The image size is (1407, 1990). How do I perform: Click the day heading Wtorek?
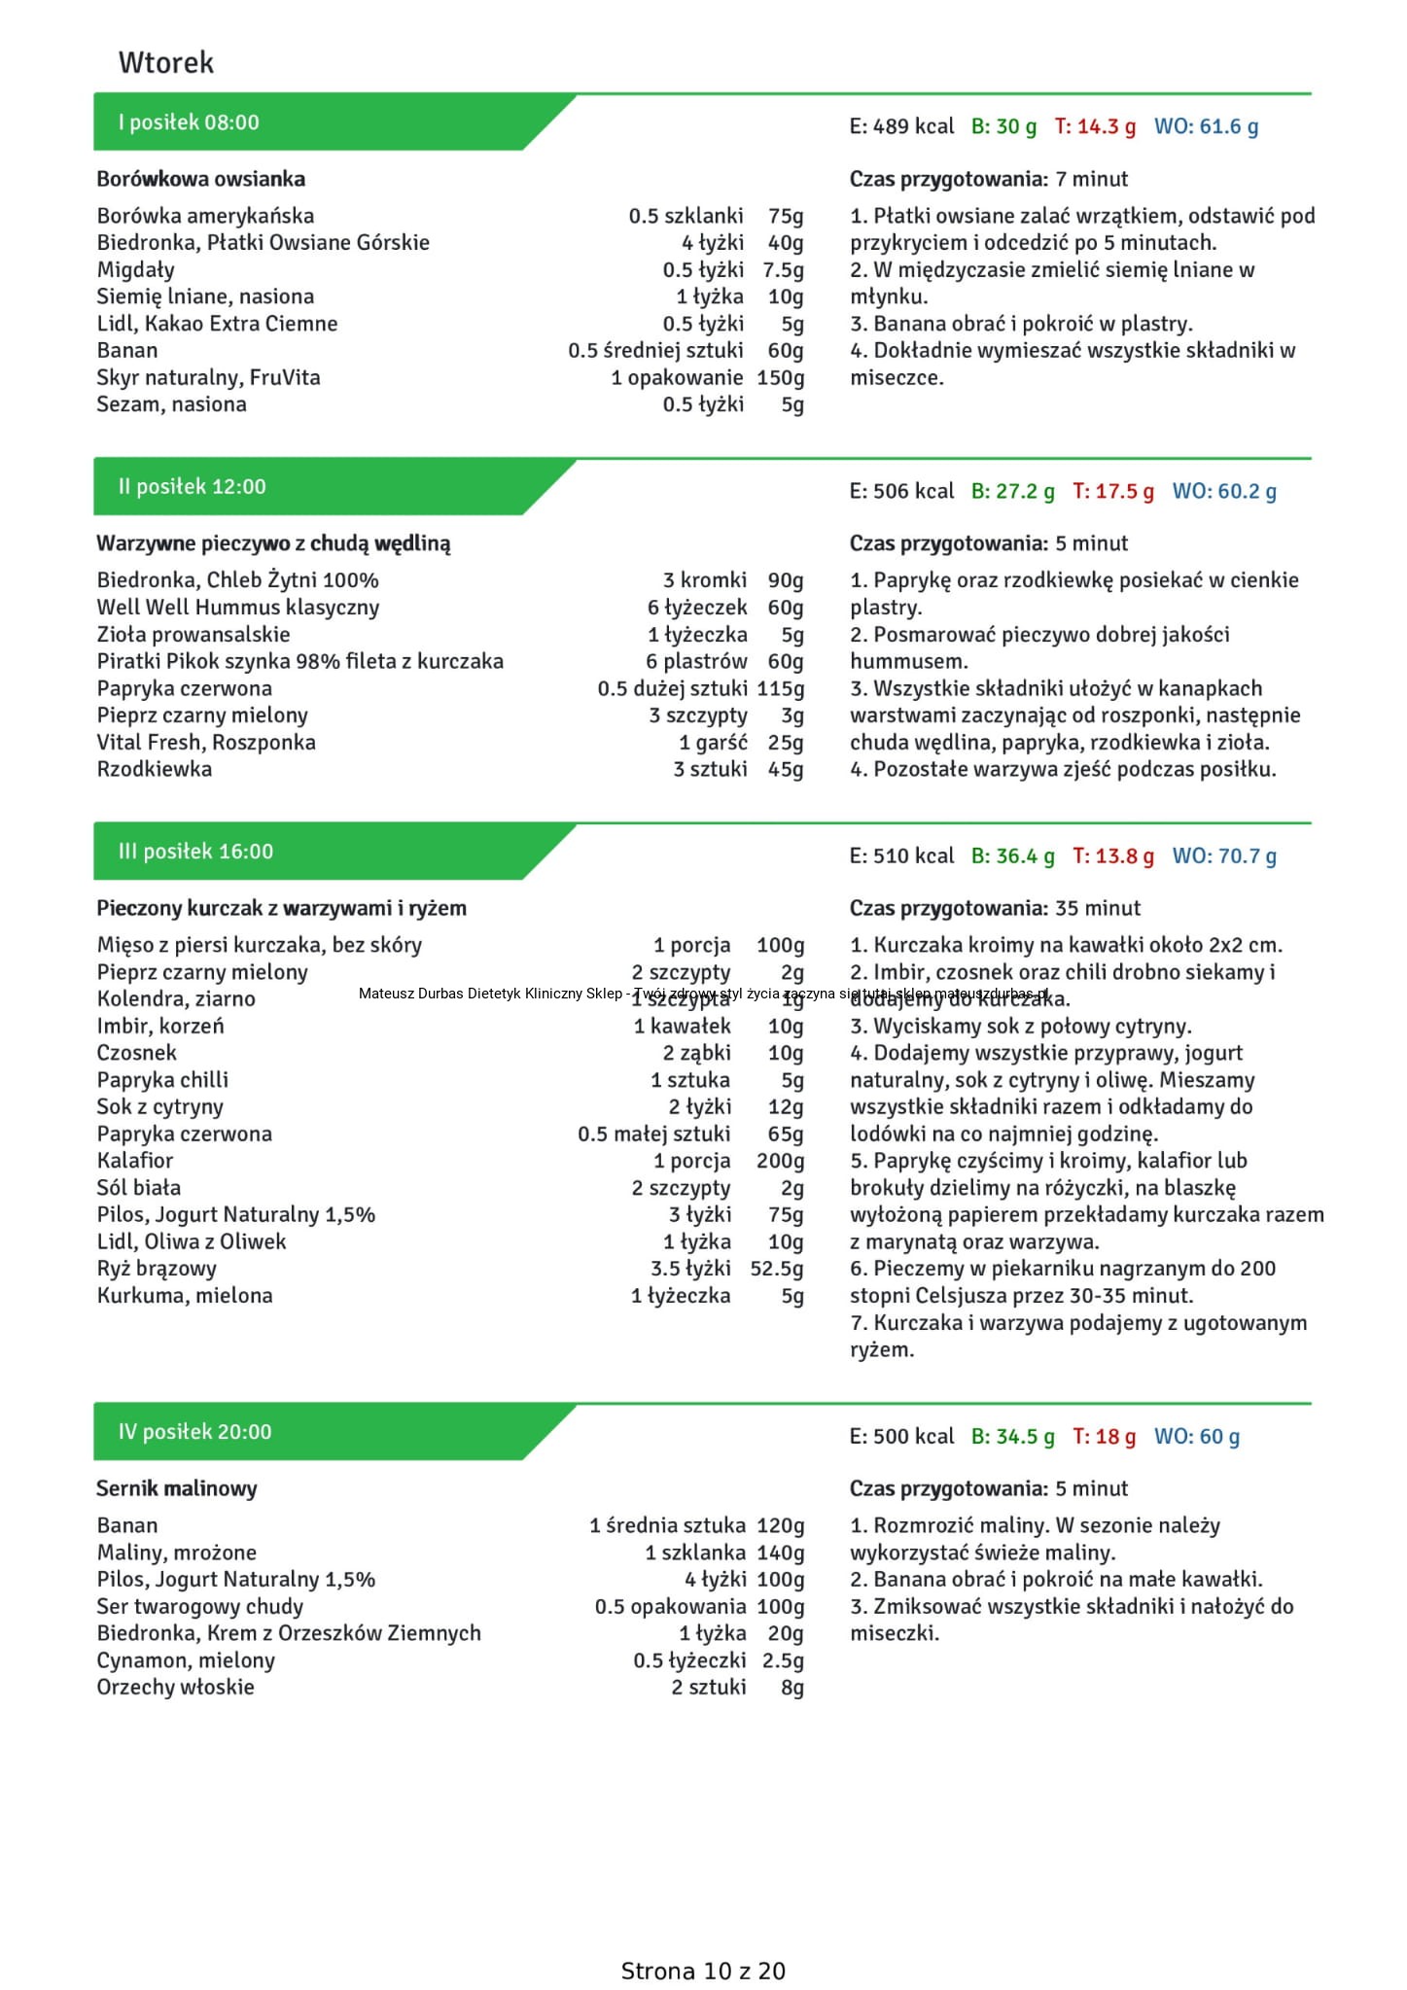point(165,63)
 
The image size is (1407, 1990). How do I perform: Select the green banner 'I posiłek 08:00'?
point(189,122)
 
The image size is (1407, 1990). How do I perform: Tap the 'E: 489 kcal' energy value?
point(901,126)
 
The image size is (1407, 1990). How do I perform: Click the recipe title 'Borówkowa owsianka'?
point(200,179)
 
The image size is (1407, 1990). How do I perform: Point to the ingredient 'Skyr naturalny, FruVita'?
point(208,377)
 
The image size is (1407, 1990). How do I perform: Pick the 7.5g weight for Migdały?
point(783,269)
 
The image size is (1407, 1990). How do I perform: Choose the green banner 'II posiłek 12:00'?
point(192,487)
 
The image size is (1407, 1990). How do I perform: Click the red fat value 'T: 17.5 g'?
point(1112,491)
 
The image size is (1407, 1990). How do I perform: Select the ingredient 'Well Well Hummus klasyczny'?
point(238,608)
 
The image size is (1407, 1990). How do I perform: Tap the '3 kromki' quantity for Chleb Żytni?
point(705,580)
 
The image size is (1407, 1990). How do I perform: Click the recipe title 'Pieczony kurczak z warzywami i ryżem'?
point(281,908)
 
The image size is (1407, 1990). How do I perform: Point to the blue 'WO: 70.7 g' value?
point(1224,856)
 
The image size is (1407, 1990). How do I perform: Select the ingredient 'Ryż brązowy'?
point(157,1269)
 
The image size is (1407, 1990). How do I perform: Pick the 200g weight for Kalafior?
point(780,1161)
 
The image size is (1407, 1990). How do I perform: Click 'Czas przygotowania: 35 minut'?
point(995,908)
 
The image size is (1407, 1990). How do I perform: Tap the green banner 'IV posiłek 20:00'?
point(194,1432)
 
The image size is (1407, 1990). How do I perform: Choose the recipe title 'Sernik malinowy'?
point(176,1488)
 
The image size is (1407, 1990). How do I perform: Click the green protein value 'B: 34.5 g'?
point(1012,1437)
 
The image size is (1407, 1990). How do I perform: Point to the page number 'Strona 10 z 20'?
point(703,1971)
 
